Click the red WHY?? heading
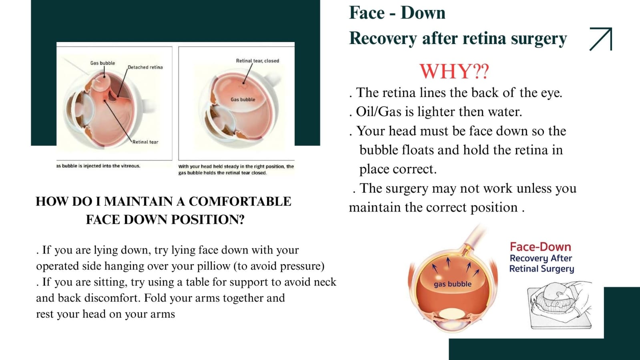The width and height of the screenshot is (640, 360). click(454, 72)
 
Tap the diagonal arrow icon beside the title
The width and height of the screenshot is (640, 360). click(601, 39)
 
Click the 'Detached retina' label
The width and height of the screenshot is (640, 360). click(145, 67)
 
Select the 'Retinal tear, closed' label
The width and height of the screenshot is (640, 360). click(257, 60)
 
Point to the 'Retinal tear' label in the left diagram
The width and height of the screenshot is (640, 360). click(145, 142)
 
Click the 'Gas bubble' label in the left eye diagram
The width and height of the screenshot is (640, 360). click(102, 63)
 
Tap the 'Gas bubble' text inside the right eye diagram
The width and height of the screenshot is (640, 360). click(243, 99)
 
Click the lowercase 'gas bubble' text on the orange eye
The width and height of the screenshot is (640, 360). click(453, 284)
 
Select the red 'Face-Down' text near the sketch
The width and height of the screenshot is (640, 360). click(541, 247)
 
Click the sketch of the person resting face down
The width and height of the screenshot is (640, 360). click(560, 305)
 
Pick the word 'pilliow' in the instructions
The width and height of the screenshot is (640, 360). click(213, 266)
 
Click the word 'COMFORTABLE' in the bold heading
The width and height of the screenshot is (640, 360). click(240, 201)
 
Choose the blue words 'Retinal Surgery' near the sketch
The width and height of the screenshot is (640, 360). click(542, 269)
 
